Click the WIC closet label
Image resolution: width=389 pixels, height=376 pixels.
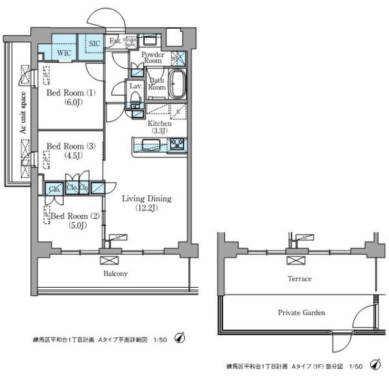(x=64, y=52)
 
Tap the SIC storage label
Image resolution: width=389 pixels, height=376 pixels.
(x=94, y=44)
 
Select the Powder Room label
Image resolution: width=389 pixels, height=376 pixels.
(x=153, y=58)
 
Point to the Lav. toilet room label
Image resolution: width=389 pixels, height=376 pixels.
(x=134, y=86)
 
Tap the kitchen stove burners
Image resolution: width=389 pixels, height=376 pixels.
(x=177, y=145)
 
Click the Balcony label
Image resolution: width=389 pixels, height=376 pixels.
(x=114, y=274)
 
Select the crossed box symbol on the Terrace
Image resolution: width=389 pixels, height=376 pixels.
(x=294, y=260)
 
